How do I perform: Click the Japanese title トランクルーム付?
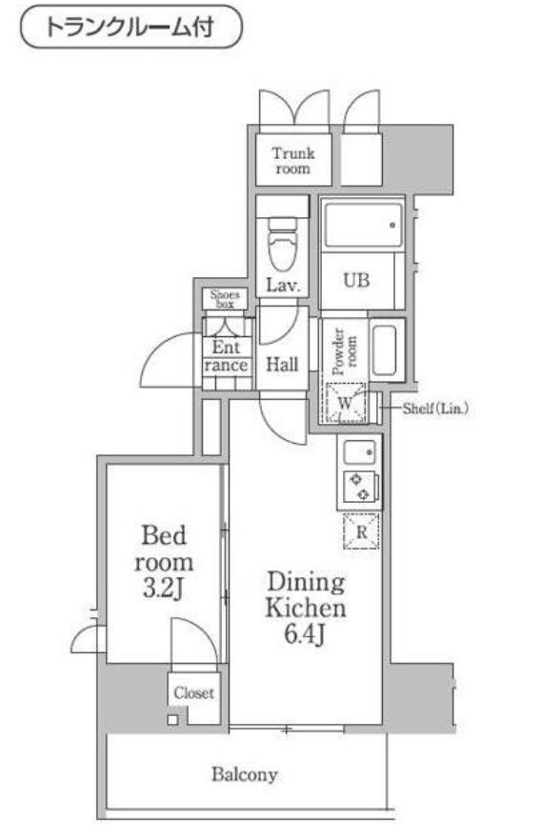pyautogui.click(x=130, y=28)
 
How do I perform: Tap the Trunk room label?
pyautogui.click(x=293, y=161)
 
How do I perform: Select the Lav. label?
pyautogui.click(x=283, y=285)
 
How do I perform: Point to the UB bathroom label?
pyautogui.click(x=356, y=280)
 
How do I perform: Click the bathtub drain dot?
pyautogui.click(x=392, y=225)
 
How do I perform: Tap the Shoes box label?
pyautogui.click(x=225, y=299)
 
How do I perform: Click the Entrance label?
pyautogui.click(x=226, y=356)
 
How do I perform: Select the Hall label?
pyautogui.click(x=282, y=365)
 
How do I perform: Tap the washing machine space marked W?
pyautogui.click(x=345, y=403)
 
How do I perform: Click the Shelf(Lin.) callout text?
pyautogui.click(x=435, y=409)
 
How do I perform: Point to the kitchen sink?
pyautogui.click(x=360, y=452)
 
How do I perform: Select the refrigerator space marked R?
pyautogui.click(x=362, y=531)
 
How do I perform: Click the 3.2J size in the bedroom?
pyautogui.click(x=164, y=590)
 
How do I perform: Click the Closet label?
pyautogui.click(x=193, y=692)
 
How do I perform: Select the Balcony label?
pyautogui.click(x=244, y=774)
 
